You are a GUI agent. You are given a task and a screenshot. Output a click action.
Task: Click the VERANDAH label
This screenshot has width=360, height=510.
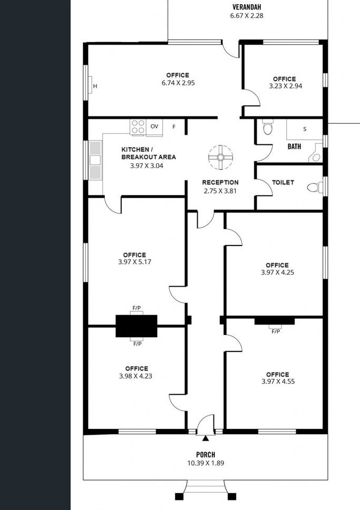[x=246, y=7]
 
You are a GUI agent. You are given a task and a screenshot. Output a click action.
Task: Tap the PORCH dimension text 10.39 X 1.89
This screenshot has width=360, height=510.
[x=206, y=463]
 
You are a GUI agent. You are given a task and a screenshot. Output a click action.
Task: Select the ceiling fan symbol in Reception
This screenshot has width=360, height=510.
[x=220, y=158]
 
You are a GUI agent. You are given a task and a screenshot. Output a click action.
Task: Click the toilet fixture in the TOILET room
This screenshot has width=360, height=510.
[x=315, y=187]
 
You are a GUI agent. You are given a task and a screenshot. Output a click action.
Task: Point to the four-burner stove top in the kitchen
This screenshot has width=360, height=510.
[x=138, y=127]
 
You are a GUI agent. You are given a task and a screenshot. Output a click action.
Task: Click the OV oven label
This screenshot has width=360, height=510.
[x=154, y=126]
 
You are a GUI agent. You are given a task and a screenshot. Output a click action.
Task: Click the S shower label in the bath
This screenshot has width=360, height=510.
[x=305, y=129]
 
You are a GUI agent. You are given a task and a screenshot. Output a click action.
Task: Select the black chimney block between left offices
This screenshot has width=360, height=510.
[x=137, y=326]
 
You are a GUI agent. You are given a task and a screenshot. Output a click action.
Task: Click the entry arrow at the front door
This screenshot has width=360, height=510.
[x=206, y=438]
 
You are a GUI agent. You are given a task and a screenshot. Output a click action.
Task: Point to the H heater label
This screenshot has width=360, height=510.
[x=95, y=86]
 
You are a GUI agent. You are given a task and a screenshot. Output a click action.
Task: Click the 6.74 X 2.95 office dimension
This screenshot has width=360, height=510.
[x=178, y=83]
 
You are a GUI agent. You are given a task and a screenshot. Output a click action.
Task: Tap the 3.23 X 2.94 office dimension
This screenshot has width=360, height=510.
[x=286, y=86]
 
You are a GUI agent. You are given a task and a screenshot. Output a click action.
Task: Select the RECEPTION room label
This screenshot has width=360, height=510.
[x=220, y=182]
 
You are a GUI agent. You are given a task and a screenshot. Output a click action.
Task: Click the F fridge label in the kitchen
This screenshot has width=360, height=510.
[x=174, y=126]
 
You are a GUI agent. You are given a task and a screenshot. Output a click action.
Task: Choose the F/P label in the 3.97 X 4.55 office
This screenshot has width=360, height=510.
[x=275, y=331]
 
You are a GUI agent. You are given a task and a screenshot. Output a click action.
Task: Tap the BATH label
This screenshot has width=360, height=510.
[x=294, y=146]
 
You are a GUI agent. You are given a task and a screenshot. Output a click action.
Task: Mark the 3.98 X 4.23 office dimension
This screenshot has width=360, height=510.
[x=135, y=376]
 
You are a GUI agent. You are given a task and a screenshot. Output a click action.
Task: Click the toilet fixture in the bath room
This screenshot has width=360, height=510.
[x=268, y=127]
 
